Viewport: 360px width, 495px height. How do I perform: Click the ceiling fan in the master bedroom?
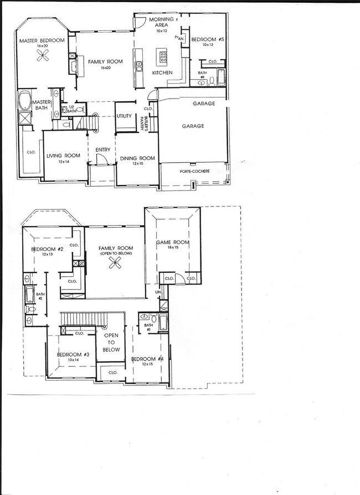[x=43, y=54]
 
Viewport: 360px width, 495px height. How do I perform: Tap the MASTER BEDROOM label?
[x=42, y=41]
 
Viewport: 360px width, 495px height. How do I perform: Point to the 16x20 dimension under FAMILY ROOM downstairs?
[x=106, y=68]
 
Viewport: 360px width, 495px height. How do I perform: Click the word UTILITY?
[x=124, y=116]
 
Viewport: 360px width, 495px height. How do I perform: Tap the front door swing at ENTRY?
[x=100, y=159]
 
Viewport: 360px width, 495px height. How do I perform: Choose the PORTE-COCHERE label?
[x=194, y=172]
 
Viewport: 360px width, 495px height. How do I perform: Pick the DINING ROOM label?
[x=136, y=158]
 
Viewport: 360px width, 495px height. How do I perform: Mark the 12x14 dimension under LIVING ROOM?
[x=60, y=163]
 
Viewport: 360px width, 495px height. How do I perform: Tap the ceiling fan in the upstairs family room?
[x=116, y=265]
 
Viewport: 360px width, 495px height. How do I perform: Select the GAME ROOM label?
[x=172, y=243]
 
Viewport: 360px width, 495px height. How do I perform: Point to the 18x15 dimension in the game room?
[x=172, y=249]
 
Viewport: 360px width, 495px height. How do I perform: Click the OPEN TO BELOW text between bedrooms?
[x=111, y=342]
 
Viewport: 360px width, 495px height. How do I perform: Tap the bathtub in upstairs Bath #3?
[x=162, y=322]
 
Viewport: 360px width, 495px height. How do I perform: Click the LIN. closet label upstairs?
[x=159, y=291]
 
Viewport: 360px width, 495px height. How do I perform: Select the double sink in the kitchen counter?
[x=138, y=66]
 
